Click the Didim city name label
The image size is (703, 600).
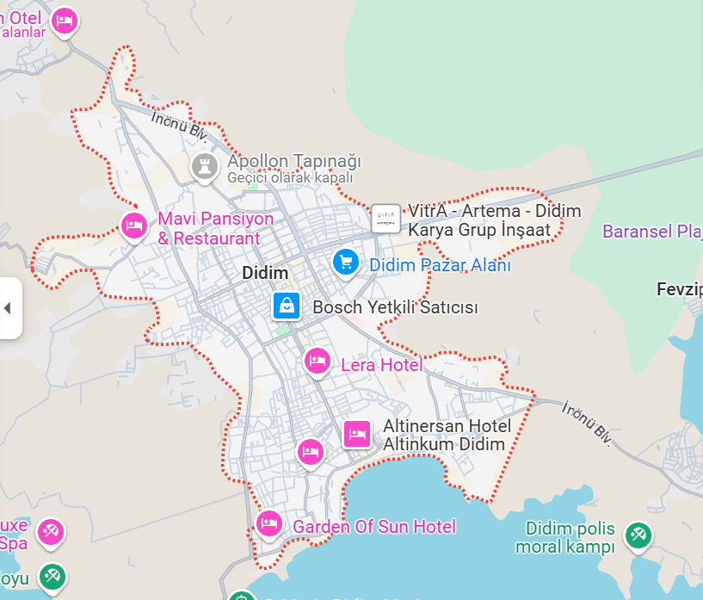[x=265, y=273]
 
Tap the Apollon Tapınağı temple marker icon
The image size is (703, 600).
[x=204, y=167]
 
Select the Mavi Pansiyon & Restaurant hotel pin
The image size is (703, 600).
[x=133, y=226]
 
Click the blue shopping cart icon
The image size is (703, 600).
[x=346, y=262]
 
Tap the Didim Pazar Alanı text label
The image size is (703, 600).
[x=440, y=265]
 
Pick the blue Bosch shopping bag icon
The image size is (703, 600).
[x=286, y=305]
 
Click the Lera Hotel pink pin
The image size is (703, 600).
[x=318, y=361]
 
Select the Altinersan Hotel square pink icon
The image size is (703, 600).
[x=357, y=434]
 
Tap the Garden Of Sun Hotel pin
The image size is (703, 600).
[x=268, y=523]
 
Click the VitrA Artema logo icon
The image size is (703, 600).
[x=385, y=217]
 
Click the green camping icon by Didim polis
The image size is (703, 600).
[x=638, y=535]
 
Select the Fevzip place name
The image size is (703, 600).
[x=679, y=288]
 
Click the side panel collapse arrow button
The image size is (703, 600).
[x=8, y=307]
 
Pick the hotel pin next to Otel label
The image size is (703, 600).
[x=63, y=21]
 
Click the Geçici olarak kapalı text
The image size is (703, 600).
[x=290, y=177]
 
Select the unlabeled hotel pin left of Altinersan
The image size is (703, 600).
[x=310, y=451]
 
